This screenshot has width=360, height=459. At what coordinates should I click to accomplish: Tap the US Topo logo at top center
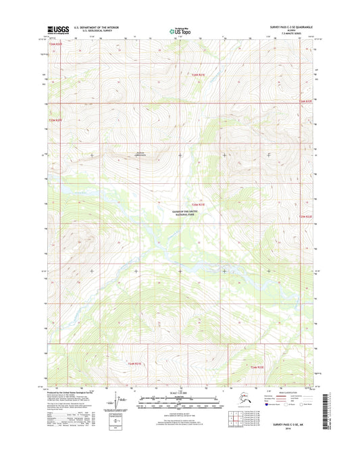[x=179, y=30]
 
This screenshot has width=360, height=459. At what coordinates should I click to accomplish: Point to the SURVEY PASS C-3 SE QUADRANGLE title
[x=287, y=27]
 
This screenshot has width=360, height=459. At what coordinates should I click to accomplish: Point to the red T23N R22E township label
[x=307, y=216]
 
